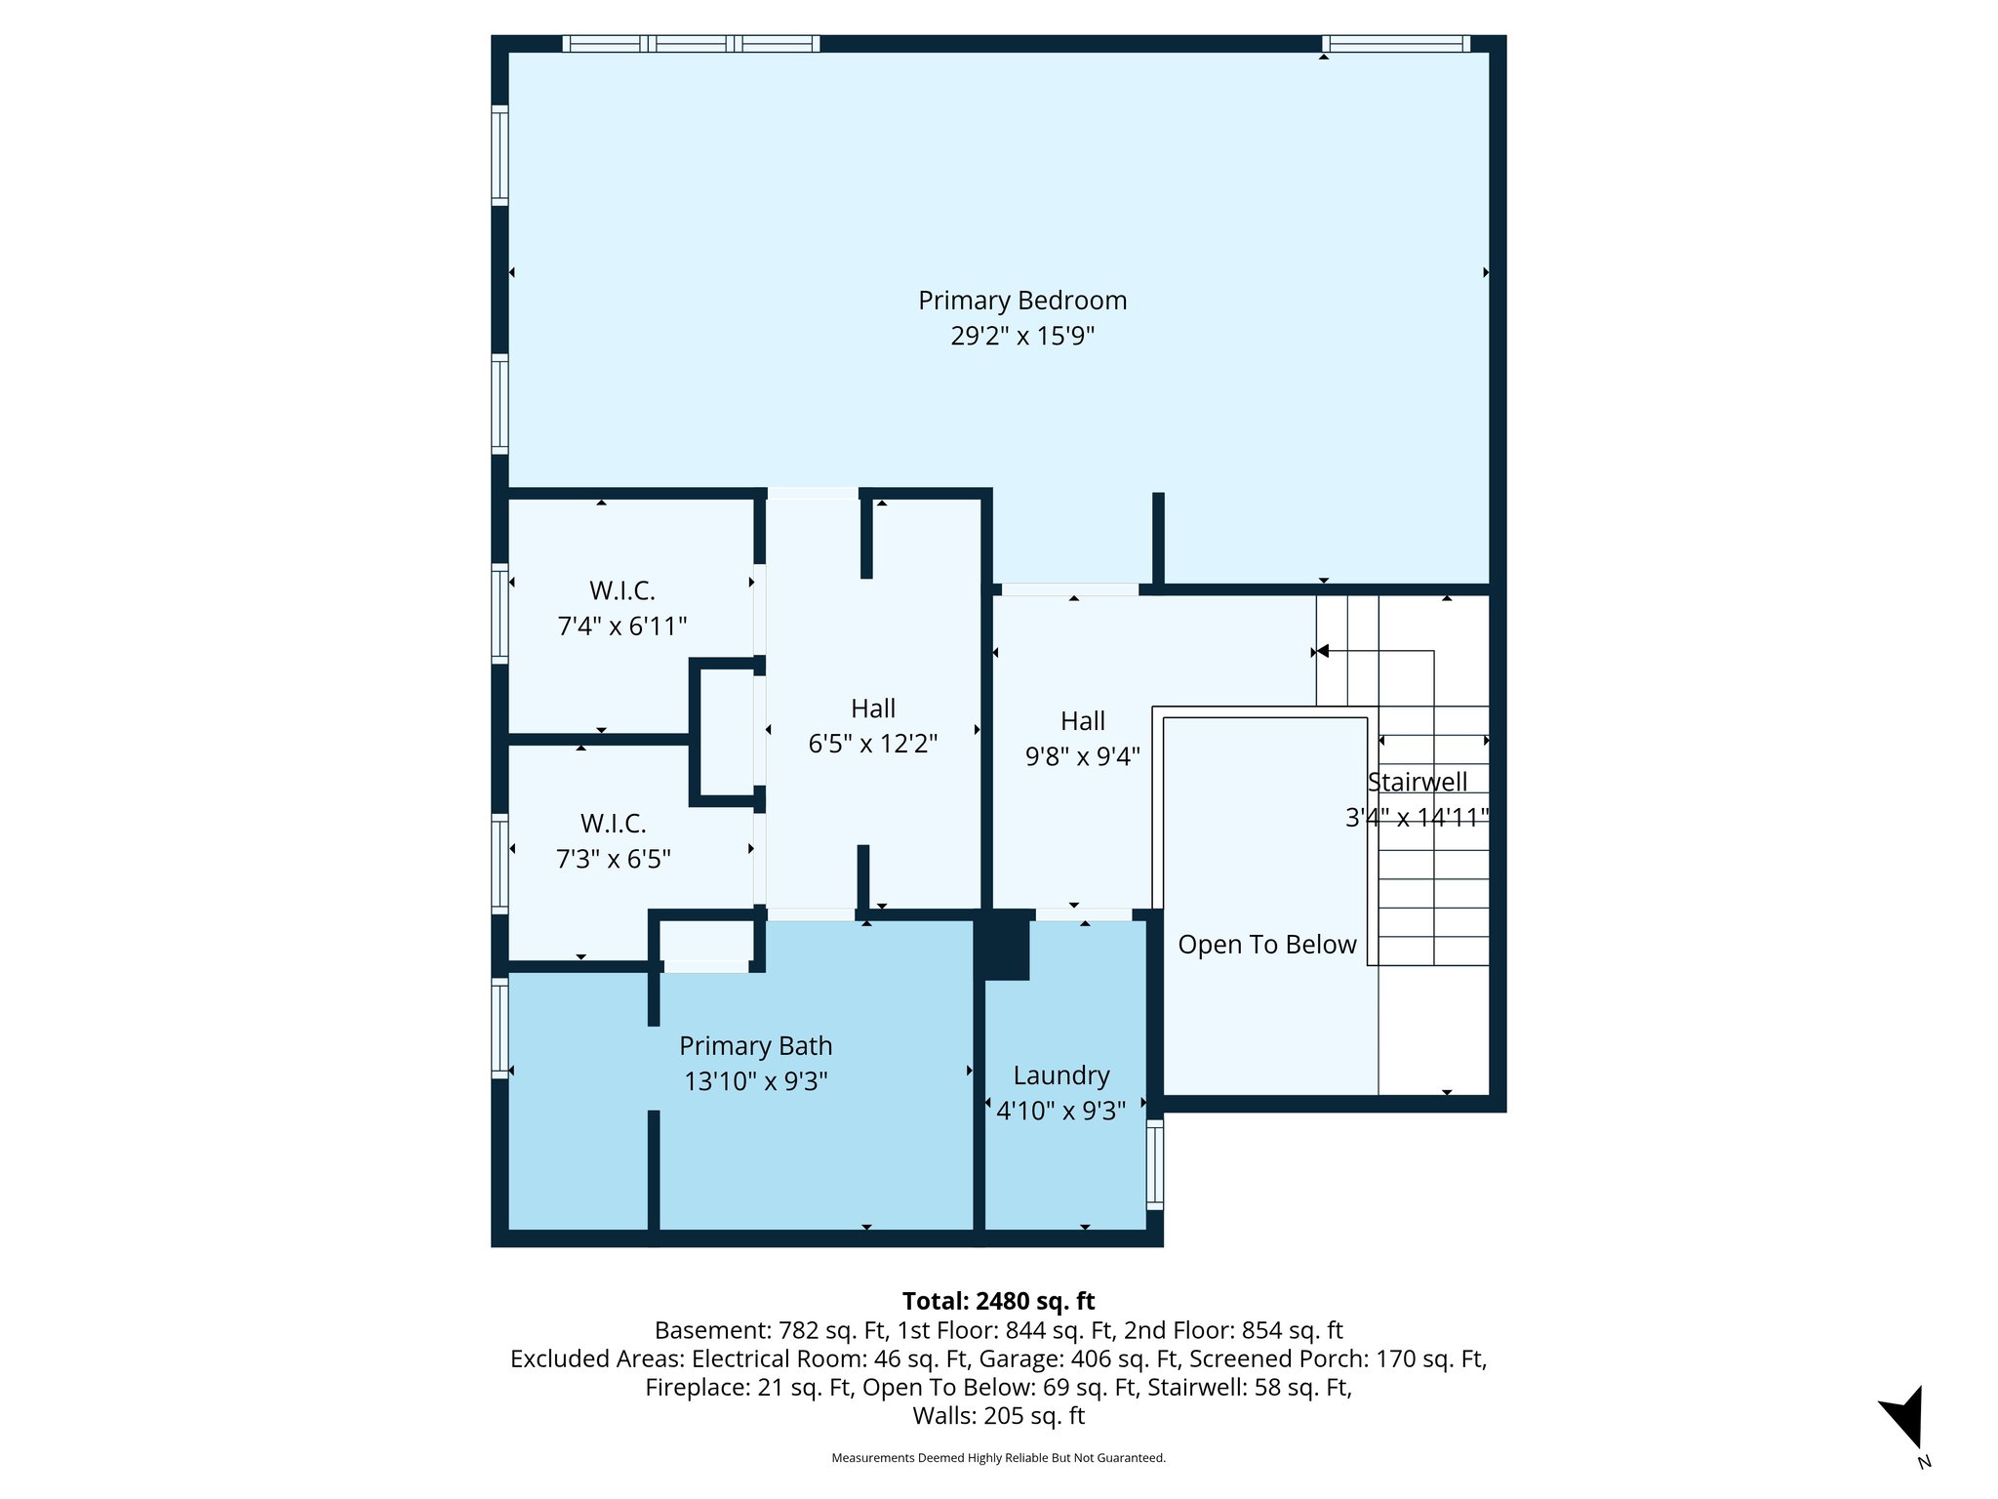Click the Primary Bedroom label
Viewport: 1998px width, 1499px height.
click(x=1021, y=301)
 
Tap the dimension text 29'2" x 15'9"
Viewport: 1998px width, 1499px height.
click(x=1021, y=337)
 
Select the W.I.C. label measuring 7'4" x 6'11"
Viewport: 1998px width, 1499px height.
click(x=621, y=591)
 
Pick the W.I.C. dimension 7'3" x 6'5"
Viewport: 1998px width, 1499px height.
click(x=613, y=860)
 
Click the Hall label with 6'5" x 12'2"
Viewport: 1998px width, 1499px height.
click(x=872, y=709)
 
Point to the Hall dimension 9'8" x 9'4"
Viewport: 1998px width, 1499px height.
click(x=1082, y=756)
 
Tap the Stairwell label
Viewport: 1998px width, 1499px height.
click(x=1417, y=782)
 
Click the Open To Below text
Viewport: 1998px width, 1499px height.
click(x=1266, y=945)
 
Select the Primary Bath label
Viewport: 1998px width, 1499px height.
click(x=755, y=1046)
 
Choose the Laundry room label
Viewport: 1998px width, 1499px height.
click(x=1060, y=1075)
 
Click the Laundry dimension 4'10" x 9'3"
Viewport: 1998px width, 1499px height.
click(x=1060, y=1111)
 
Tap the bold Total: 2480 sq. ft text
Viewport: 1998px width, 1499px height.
click(x=998, y=1301)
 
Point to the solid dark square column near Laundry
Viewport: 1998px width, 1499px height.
click(x=1005, y=945)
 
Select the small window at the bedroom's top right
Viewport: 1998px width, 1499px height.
click(x=1396, y=44)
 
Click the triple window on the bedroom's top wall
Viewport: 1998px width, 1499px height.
click(x=691, y=44)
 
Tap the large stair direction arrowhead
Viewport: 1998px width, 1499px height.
click(x=1322, y=651)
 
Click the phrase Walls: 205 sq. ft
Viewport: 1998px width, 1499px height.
click(x=998, y=1416)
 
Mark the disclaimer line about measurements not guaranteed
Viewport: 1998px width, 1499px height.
click(x=998, y=1458)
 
